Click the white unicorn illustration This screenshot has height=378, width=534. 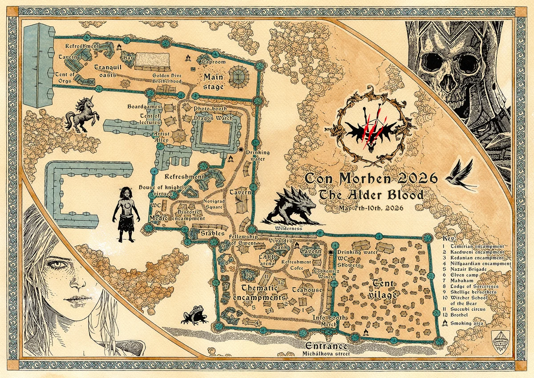(x=80, y=115)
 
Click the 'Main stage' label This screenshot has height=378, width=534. (x=213, y=82)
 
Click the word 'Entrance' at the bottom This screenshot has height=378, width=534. (x=326, y=346)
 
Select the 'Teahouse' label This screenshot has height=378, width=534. (x=307, y=289)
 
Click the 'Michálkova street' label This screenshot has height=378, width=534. (x=326, y=354)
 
